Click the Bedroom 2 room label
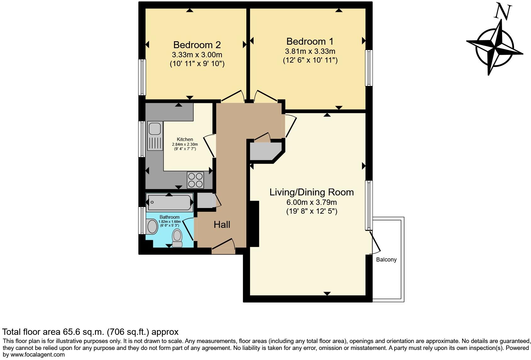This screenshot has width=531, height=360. [x=197, y=45]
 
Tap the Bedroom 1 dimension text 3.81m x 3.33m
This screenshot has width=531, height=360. [x=310, y=51]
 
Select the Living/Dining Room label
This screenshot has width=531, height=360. [x=311, y=192]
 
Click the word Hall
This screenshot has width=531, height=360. [x=222, y=225]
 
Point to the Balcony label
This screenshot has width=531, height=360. [x=386, y=260]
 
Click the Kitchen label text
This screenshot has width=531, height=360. [x=185, y=139]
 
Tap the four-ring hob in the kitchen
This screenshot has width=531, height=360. [x=195, y=180]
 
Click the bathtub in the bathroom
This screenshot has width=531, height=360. [x=170, y=202]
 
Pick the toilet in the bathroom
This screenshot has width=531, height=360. [x=177, y=238]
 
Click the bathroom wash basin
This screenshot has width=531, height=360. [x=152, y=227]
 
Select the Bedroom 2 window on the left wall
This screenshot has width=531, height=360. [x=143, y=77]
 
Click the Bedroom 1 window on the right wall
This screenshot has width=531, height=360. [x=368, y=68]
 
